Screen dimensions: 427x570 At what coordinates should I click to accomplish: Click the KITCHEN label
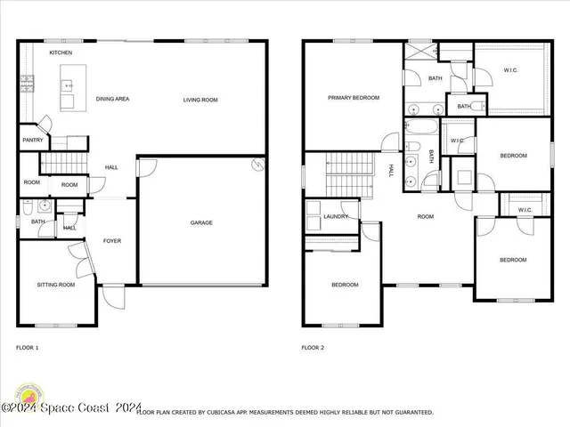(x=61, y=53)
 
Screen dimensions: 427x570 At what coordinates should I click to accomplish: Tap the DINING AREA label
(x=112, y=99)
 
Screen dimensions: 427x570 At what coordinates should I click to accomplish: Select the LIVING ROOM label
(x=200, y=100)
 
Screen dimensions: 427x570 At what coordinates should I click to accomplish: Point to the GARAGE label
(x=201, y=222)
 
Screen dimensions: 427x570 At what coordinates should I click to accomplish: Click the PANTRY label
(x=32, y=140)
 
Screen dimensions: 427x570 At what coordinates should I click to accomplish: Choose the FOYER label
(x=112, y=241)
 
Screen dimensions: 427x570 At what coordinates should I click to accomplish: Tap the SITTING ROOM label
(x=55, y=285)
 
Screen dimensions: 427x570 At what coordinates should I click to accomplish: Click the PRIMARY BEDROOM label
(x=354, y=98)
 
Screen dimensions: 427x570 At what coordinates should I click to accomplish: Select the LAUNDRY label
(x=336, y=216)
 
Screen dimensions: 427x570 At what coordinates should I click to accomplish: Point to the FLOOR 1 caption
(x=28, y=347)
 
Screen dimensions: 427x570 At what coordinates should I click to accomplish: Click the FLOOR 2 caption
(x=313, y=347)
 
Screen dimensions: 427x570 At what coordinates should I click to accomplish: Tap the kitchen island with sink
(x=68, y=93)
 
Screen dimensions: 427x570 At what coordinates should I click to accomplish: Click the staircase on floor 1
(x=62, y=163)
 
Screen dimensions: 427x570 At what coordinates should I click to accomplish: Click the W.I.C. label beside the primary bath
(x=510, y=71)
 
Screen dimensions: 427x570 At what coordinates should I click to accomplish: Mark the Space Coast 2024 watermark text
(x=71, y=408)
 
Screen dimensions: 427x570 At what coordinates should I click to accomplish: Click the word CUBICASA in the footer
(x=225, y=413)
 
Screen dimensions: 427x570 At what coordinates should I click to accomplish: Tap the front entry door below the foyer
(x=113, y=295)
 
